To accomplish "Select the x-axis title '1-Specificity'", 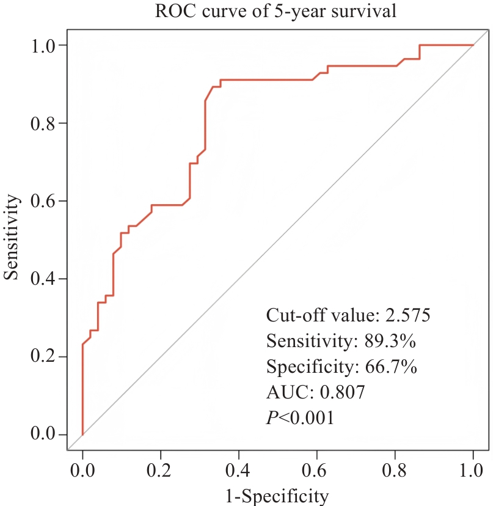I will click(278, 494).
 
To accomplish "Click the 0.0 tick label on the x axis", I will click(82, 471).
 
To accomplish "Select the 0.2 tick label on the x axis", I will click(161, 471).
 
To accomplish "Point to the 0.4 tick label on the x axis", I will click(239, 471).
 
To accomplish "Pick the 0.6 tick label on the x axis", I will click(317, 471).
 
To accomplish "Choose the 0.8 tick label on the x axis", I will click(395, 471).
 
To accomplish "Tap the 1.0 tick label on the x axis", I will click(473, 471).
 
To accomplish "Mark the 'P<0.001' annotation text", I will click(301, 419).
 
